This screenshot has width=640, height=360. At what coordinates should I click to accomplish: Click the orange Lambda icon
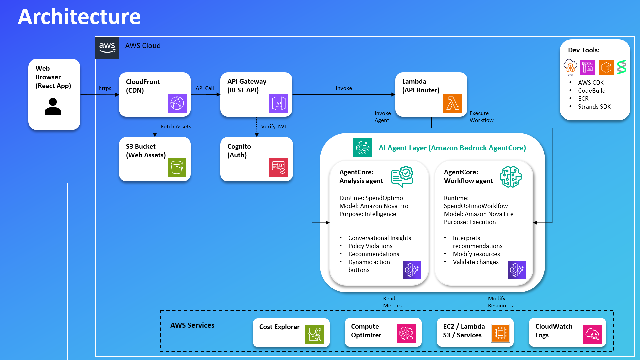[x=453, y=103]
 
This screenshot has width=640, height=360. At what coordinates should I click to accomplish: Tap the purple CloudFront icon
[x=177, y=103]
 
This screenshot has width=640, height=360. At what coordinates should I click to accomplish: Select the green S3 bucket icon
[x=177, y=167]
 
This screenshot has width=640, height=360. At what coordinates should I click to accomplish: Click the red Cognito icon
[x=278, y=167]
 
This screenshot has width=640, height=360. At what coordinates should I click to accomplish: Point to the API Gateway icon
[x=279, y=103]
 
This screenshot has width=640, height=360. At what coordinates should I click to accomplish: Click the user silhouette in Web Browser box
[x=53, y=106]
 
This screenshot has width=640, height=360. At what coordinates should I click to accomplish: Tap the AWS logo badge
[x=107, y=48]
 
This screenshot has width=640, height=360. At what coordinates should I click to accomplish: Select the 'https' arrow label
[x=105, y=88]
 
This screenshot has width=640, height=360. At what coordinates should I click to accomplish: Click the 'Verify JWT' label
[x=274, y=127]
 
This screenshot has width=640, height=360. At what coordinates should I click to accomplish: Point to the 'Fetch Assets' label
[x=176, y=127]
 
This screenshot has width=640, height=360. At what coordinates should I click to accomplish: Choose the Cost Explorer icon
[x=315, y=334]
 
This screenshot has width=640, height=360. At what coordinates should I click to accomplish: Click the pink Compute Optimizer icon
[x=406, y=333]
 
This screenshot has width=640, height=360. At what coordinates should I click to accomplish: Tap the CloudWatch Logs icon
[x=592, y=334]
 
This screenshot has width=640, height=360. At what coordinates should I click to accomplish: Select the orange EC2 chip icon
[x=500, y=333]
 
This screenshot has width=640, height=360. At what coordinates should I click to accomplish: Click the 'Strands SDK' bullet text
[x=594, y=107]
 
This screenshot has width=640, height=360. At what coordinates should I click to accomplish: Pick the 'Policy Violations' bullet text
[x=370, y=246]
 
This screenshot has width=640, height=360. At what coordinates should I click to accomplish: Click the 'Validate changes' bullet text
[x=476, y=262]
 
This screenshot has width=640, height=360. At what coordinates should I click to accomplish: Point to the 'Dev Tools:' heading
[x=584, y=50]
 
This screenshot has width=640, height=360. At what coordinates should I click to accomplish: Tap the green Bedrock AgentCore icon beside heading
[x=363, y=148]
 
